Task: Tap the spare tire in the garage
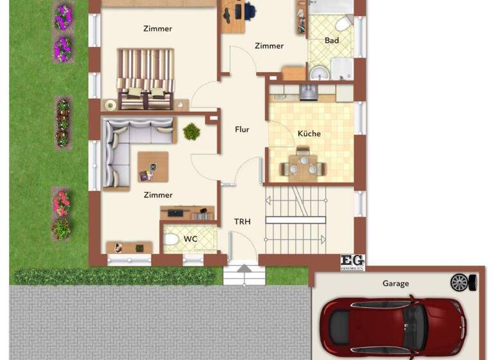coord(460,282)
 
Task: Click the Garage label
coord(396,283)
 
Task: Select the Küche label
coord(309,134)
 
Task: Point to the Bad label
coord(332,40)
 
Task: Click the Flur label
coord(242,129)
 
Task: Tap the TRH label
coord(242,221)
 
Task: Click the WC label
coord(190,239)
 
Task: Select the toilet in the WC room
coord(171,240)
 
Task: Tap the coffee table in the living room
coord(152,166)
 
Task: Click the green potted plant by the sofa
coord(191,132)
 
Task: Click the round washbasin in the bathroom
coord(317,73)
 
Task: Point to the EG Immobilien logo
coord(352,262)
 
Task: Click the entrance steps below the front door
coord(244,275)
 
